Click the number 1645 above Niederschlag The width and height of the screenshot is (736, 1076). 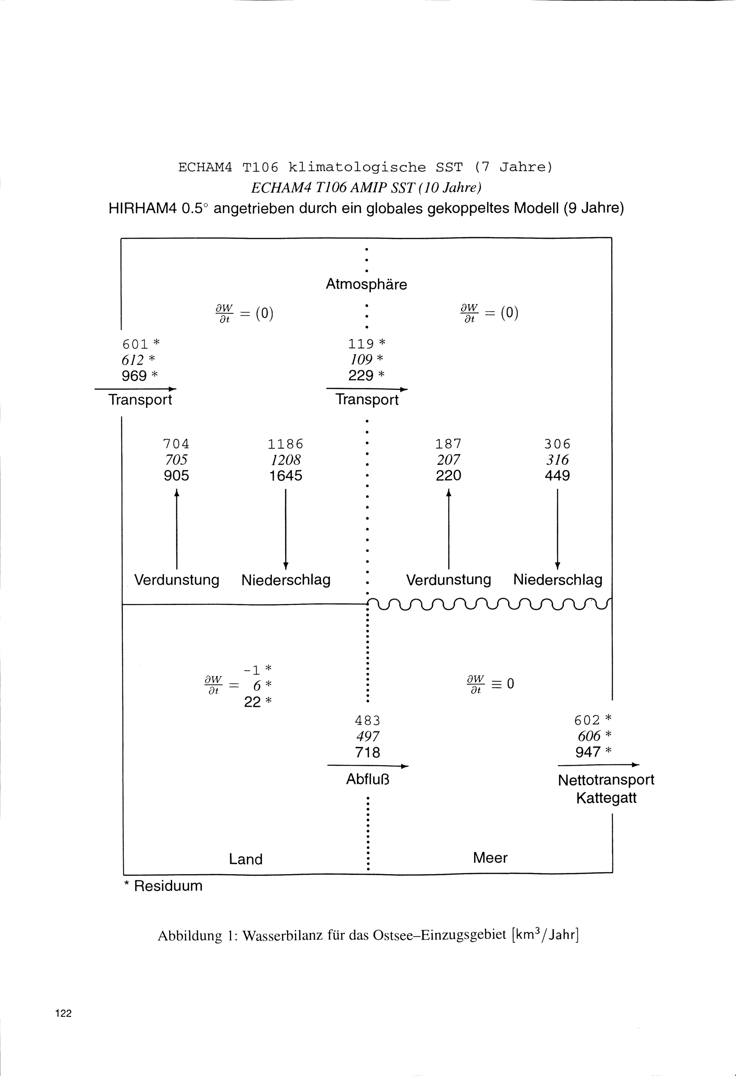coord(286,476)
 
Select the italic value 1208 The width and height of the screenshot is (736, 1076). coord(286,460)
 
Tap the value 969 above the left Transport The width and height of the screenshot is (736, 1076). coord(134,375)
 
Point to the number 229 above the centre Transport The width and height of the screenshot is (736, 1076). coord(361,375)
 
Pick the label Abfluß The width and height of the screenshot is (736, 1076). coord(368,780)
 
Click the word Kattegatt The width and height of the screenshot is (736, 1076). coord(606,798)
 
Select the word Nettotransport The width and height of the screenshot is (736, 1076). coord(606,780)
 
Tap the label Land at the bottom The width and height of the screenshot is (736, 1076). coord(246,859)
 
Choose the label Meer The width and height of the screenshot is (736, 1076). coord(490,858)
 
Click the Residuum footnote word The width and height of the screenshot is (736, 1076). coord(168,886)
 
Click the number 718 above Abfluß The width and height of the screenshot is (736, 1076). coord(367,752)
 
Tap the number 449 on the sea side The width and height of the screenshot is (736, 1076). coord(557,476)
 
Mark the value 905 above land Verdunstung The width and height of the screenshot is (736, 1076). coord(176,476)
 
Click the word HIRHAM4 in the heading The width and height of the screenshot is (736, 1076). coord(142,209)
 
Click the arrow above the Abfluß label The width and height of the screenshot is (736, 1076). coord(368,766)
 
